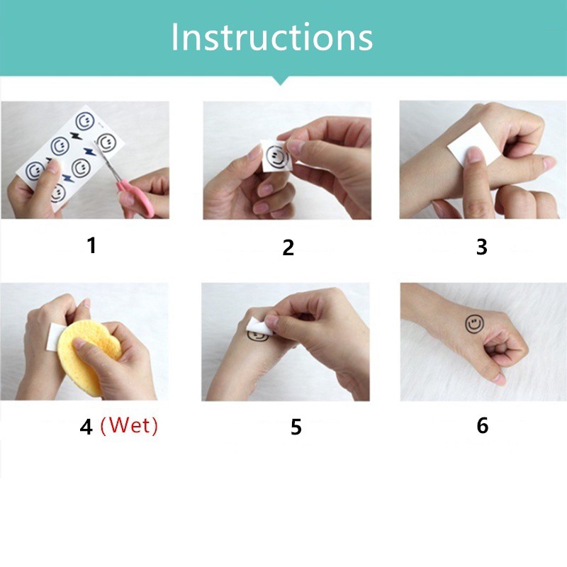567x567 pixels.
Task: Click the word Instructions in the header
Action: [272, 38]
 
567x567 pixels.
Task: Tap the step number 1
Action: [92, 245]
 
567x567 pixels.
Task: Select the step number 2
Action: [288, 247]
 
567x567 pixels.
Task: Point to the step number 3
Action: [482, 247]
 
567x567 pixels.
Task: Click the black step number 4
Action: [86, 427]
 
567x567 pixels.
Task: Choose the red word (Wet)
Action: [129, 425]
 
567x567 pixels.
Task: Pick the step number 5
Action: [296, 427]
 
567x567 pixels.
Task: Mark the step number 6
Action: [483, 426]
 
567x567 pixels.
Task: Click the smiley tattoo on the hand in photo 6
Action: [474, 324]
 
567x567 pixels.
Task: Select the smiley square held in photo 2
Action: [276, 156]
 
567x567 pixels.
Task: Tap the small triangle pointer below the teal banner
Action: [280, 80]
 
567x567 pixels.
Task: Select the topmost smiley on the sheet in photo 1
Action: [85, 120]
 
